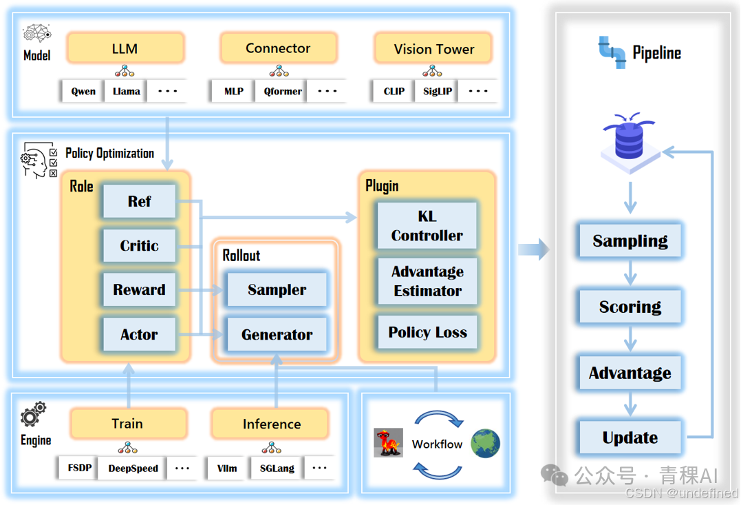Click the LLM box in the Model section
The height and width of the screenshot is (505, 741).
click(125, 49)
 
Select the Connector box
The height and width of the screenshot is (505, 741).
click(278, 48)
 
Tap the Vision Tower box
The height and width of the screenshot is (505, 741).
click(433, 49)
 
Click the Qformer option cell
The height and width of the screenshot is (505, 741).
click(283, 91)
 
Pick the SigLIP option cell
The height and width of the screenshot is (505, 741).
click(438, 91)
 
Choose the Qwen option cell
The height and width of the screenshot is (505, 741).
click(83, 91)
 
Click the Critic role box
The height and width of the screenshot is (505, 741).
click(139, 246)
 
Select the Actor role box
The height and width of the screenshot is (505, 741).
click(139, 335)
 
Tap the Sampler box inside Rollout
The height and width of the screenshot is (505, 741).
click(277, 290)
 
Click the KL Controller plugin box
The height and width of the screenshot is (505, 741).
click(427, 226)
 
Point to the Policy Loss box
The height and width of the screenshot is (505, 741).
click(427, 332)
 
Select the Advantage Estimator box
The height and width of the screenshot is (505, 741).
click(427, 281)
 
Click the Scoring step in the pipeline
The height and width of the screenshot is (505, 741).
click(630, 307)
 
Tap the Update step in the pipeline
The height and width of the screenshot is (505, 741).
click(630, 437)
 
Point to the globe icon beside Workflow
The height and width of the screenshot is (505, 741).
click(485, 444)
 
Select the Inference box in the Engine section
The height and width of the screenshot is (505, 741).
click(271, 424)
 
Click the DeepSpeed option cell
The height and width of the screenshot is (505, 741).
click(133, 468)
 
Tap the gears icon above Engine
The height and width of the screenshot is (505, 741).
click(33, 415)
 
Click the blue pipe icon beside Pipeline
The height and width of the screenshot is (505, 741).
click(612, 52)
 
